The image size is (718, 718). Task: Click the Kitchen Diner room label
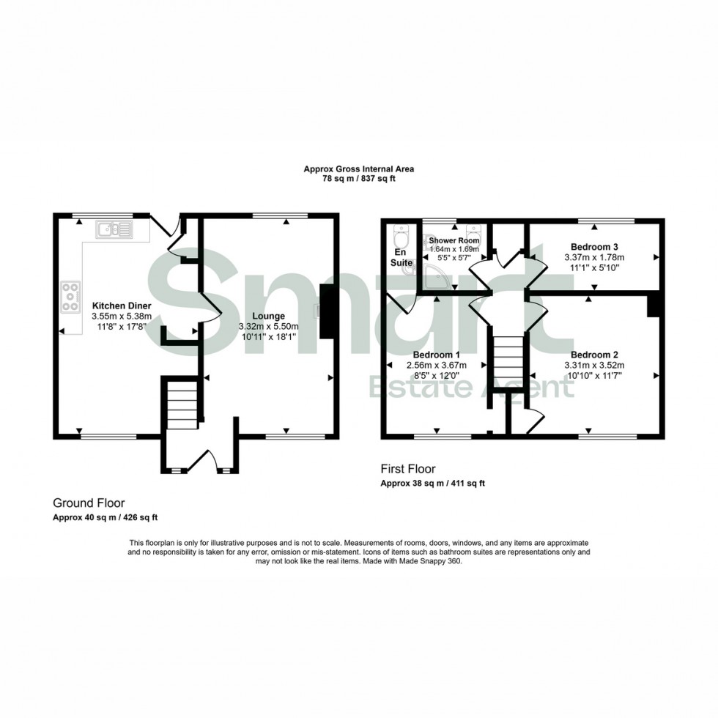(x=122, y=306)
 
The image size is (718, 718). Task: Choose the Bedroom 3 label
(x=594, y=246)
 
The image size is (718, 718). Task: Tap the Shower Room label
(x=454, y=240)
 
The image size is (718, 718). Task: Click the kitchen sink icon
(x=114, y=231)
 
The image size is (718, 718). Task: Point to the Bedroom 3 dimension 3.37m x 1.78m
(x=594, y=257)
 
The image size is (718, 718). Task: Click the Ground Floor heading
(x=88, y=503)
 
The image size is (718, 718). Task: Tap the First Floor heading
(x=408, y=468)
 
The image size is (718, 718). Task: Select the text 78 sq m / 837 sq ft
(x=359, y=179)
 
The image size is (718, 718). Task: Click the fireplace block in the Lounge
(x=327, y=311)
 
